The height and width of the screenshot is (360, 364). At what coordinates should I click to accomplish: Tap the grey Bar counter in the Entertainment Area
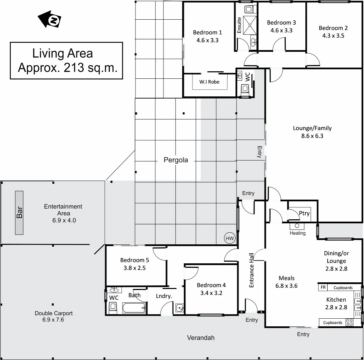coord(19,213)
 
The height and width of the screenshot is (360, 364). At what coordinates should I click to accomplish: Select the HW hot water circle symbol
coord(230,238)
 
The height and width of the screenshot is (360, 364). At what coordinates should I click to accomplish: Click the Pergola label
coord(175,160)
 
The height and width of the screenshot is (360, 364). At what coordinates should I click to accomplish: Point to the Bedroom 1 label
coord(207,32)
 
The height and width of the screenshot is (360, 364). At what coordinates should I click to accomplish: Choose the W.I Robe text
coord(209,82)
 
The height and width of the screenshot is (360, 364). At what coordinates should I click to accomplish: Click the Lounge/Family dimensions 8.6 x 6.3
coord(312,136)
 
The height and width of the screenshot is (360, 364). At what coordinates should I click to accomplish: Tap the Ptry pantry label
coord(304,213)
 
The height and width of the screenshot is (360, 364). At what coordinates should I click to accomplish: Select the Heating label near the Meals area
coord(297,233)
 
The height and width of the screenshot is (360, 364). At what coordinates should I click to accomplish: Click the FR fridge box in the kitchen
coord(323,287)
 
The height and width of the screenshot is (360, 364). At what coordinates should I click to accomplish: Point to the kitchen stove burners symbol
coord(349,322)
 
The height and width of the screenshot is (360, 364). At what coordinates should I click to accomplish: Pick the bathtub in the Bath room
coord(134,308)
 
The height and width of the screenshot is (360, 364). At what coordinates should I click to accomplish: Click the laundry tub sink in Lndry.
coord(179,308)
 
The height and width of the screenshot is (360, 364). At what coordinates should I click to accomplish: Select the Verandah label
coord(201,338)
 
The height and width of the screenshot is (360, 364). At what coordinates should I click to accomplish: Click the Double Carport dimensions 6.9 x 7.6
coord(53,320)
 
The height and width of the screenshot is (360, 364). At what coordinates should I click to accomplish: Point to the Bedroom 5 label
coord(134,260)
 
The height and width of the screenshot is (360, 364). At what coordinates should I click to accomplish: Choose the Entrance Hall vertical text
coord(252,270)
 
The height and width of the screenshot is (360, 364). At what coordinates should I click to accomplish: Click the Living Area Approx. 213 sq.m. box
coord(66,60)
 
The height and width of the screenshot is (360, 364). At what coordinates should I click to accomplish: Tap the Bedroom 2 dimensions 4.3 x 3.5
coord(333,36)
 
